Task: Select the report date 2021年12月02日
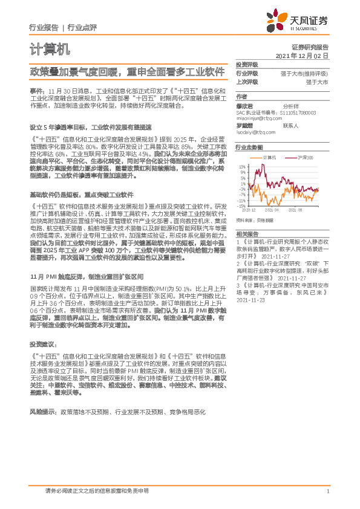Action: click(x=301, y=56)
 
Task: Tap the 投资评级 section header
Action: click(x=247, y=64)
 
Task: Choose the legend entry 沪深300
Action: click(x=305, y=157)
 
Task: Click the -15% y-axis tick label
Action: click(x=242, y=206)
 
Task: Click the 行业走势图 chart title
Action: click(x=249, y=147)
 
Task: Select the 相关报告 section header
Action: click(x=247, y=233)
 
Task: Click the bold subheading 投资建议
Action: click(x=42, y=343)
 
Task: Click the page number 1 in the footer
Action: click(x=327, y=491)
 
